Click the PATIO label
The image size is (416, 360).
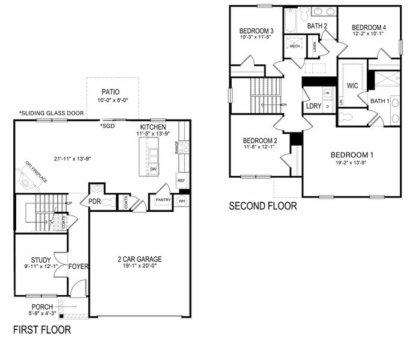click(110, 92)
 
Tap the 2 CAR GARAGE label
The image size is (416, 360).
click(139, 259)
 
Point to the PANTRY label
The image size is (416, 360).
click(163, 200)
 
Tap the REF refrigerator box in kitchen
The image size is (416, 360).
click(181, 179)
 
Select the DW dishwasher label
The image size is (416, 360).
click(154, 169)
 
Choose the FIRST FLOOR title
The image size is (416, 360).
click(42, 329)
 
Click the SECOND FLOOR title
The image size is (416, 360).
click(263, 206)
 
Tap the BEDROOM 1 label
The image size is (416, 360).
click(352, 155)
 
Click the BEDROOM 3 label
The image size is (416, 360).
click(256, 31)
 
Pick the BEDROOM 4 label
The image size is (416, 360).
click(369, 28)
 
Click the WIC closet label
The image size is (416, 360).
click(352, 86)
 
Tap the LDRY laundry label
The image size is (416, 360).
click(313, 106)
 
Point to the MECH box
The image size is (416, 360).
click(295, 46)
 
